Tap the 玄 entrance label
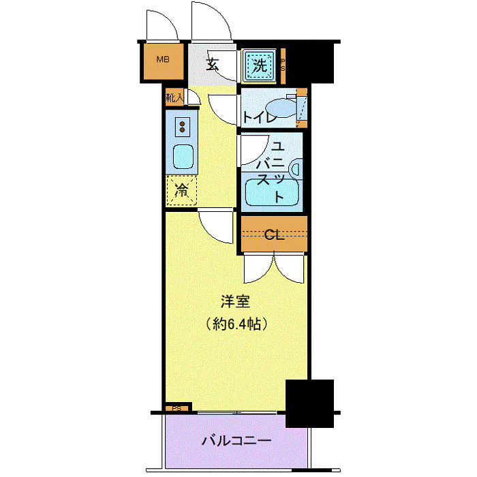(x=212, y=65)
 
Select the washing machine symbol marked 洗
(x=259, y=65)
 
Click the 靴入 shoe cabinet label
(x=174, y=97)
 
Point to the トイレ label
(x=259, y=117)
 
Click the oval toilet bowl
(x=280, y=108)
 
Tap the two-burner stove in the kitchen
(x=183, y=127)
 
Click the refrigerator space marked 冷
(x=181, y=191)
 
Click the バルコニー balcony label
(x=236, y=441)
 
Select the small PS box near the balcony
(x=176, y=409)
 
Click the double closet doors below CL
(x=273, y=268)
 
